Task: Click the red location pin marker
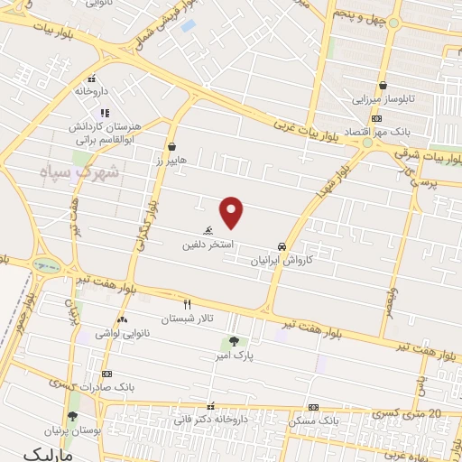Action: [x=233, y=211]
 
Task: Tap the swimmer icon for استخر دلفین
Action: [x=208, y=230]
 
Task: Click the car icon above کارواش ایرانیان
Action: [x=282, y=245]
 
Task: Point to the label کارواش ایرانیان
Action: [x=282, y=259]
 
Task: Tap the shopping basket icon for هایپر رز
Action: [x=171, y=145]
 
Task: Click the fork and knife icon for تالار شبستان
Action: [x=187, y=304]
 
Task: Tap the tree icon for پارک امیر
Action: [x=235, y=341]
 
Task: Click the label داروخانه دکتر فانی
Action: [x=212, y=420]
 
